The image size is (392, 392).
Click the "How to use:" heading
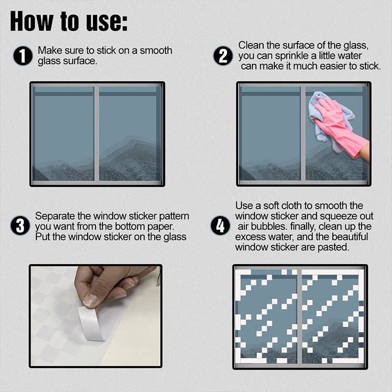pos(69,22)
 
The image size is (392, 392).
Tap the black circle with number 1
pos(23,56)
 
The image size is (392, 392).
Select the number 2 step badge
pos(223,56)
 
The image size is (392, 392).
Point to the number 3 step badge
pos(20,225)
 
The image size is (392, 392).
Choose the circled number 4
pos(220,225)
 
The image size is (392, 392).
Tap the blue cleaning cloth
pos(325,118)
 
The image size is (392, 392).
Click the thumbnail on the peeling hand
pos(90,300)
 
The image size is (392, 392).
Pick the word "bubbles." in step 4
pos(269,226)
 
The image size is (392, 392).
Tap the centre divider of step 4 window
pos(299,316)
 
